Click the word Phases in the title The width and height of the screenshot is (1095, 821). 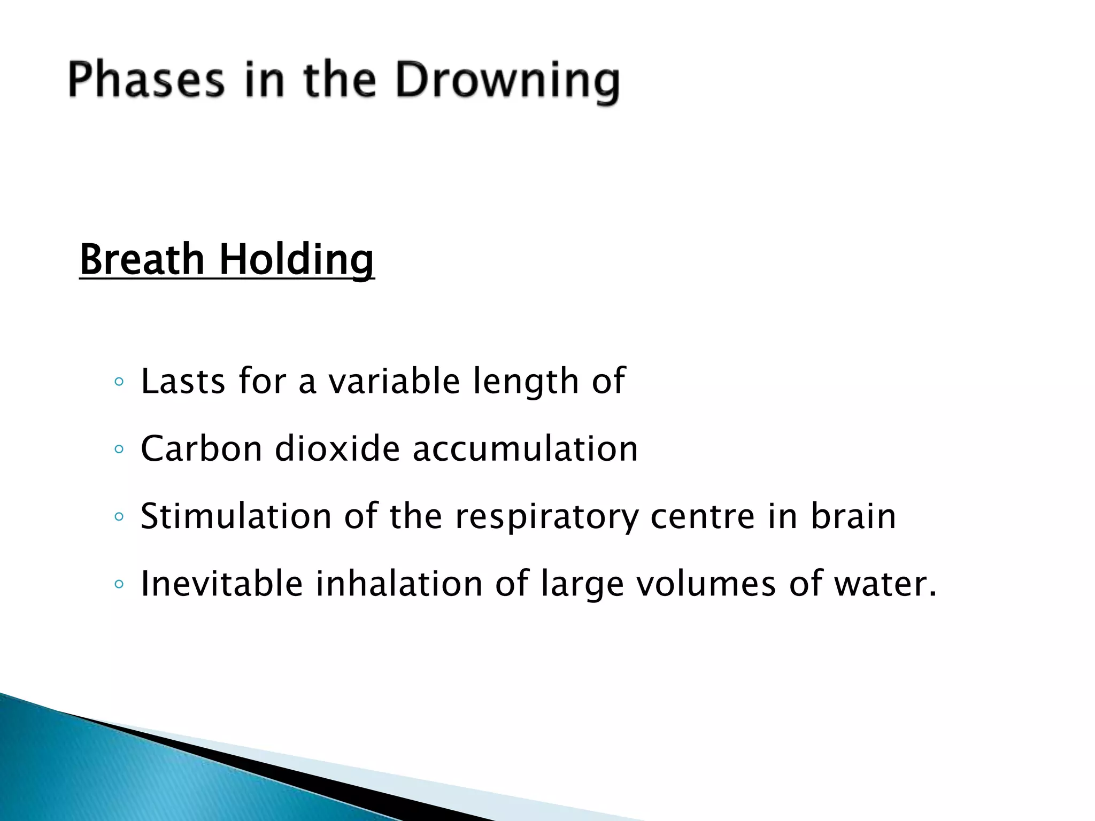click(x=146, y=80)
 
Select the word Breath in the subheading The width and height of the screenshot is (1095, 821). click(x=143, y=259)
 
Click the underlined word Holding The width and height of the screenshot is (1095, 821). click(x=297, y=260)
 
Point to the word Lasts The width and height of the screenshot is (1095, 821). click(x=183, y=381)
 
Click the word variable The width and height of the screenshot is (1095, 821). click(x=394, y=381)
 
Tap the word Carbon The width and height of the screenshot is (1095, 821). click(x=201, y=448)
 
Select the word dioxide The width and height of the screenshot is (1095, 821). click(x=337, y=448)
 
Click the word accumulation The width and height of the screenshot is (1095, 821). click(x=525, y=448)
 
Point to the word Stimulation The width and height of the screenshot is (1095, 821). click(x=236, y=516)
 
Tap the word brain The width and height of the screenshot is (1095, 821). click(x=853, y=516)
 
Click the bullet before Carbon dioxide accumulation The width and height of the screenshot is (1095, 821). click(x=119, y=450)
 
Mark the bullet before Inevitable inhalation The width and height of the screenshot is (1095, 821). click(x=119, y=584)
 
